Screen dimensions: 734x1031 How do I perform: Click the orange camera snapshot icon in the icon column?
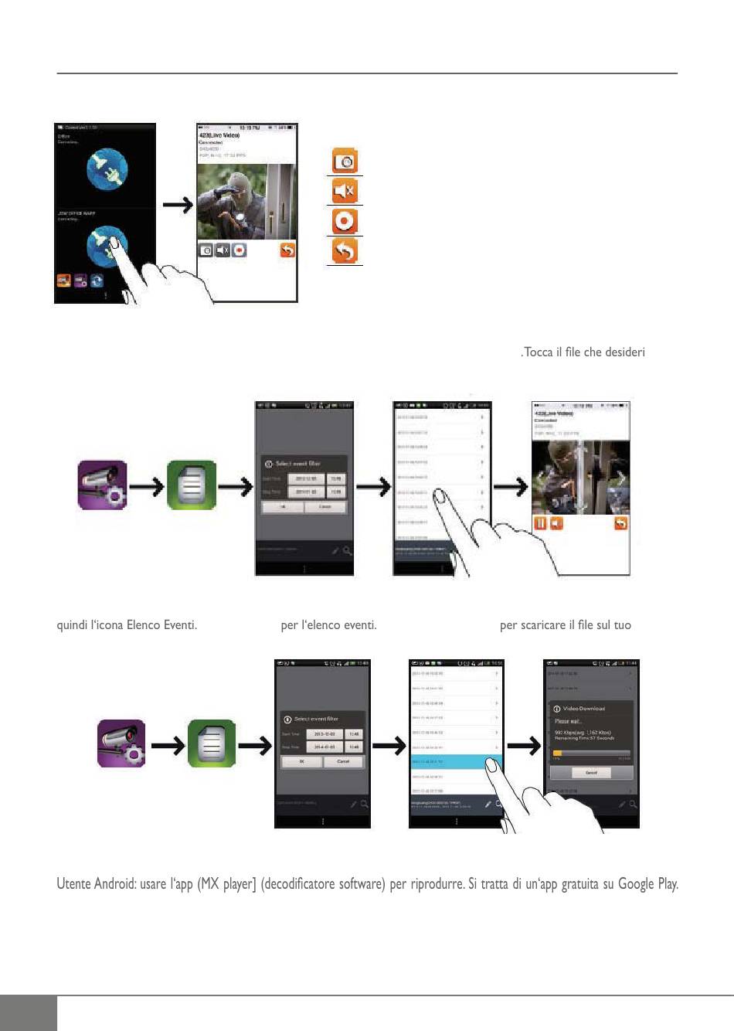pos(345,162)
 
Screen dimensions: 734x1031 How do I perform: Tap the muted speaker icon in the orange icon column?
pos(345,191)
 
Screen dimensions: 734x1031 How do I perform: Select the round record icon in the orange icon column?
pos(345,221)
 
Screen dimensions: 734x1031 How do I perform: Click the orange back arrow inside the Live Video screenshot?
pos(287,250)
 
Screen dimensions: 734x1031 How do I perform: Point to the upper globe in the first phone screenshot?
pos(107,168)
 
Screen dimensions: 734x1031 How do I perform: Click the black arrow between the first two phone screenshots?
pos(177,205)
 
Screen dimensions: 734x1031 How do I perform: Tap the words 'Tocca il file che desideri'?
pos(583,352)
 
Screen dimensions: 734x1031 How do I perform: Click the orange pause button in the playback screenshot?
pos(540,523)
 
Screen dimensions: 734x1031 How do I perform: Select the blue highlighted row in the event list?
pos(456,762)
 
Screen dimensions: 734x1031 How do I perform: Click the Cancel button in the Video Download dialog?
pos(591,773)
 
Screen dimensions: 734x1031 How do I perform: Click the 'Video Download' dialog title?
pos(583,708)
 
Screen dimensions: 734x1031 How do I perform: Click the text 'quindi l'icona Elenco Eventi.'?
pos(127,624)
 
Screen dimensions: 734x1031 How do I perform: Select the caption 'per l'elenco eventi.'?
pos(328,624)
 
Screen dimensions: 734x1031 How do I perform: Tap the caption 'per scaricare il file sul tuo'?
pos(565,624)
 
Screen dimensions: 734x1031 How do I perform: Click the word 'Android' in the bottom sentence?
pos(116,883)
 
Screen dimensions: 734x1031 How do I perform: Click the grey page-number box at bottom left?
pos(29,1013)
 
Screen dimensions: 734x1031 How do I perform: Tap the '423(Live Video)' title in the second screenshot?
pos(219,135)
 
